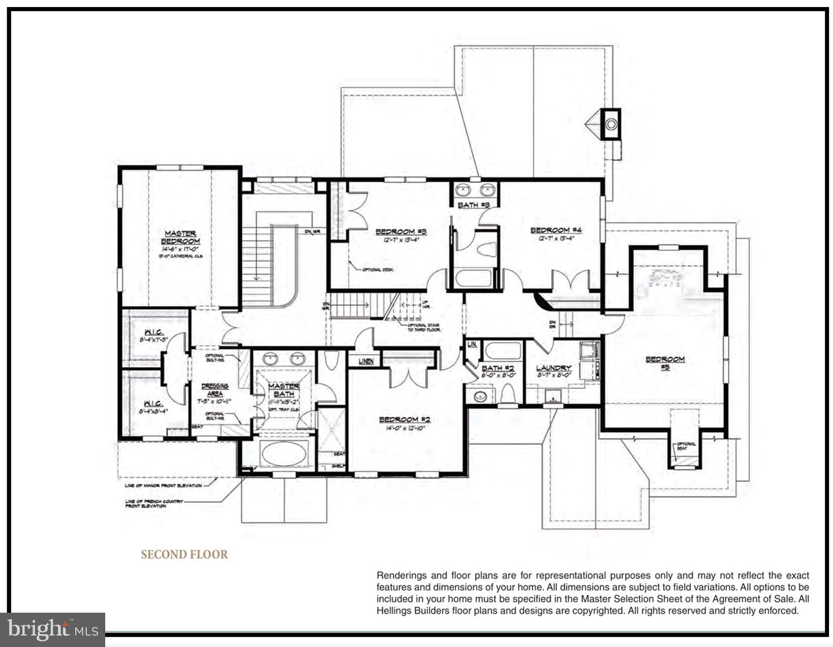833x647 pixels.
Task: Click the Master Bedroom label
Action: click(x=181, y=237)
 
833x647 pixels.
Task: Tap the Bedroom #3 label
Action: click(x=401, y=232)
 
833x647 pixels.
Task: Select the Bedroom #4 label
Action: click(x=556, y=230)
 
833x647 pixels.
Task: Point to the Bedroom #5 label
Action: click(x=665, y=363)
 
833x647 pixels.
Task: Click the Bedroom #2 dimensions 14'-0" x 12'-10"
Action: click(x=405, y=428)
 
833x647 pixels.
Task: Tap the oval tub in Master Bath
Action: click(x=284, y=454)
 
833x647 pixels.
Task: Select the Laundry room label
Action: click(x=553, y=368)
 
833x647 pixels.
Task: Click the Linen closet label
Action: click(x=365, y=361)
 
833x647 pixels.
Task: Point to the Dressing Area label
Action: click(x=214, y=390)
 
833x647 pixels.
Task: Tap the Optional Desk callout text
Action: click(x=377, y=269)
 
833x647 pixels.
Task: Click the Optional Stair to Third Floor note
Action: click(x=423, y=327)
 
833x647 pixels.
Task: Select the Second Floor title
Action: click(x=184, y=554)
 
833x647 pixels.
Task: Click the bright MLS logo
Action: click(x=52, y=629)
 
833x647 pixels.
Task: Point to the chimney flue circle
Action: click(x=611, y=125)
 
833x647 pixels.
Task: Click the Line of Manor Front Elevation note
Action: click(x=163, y=485)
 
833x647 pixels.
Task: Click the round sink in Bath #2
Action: click(x=479, y=396)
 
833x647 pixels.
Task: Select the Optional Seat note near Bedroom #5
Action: click(x=686, y=446)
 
